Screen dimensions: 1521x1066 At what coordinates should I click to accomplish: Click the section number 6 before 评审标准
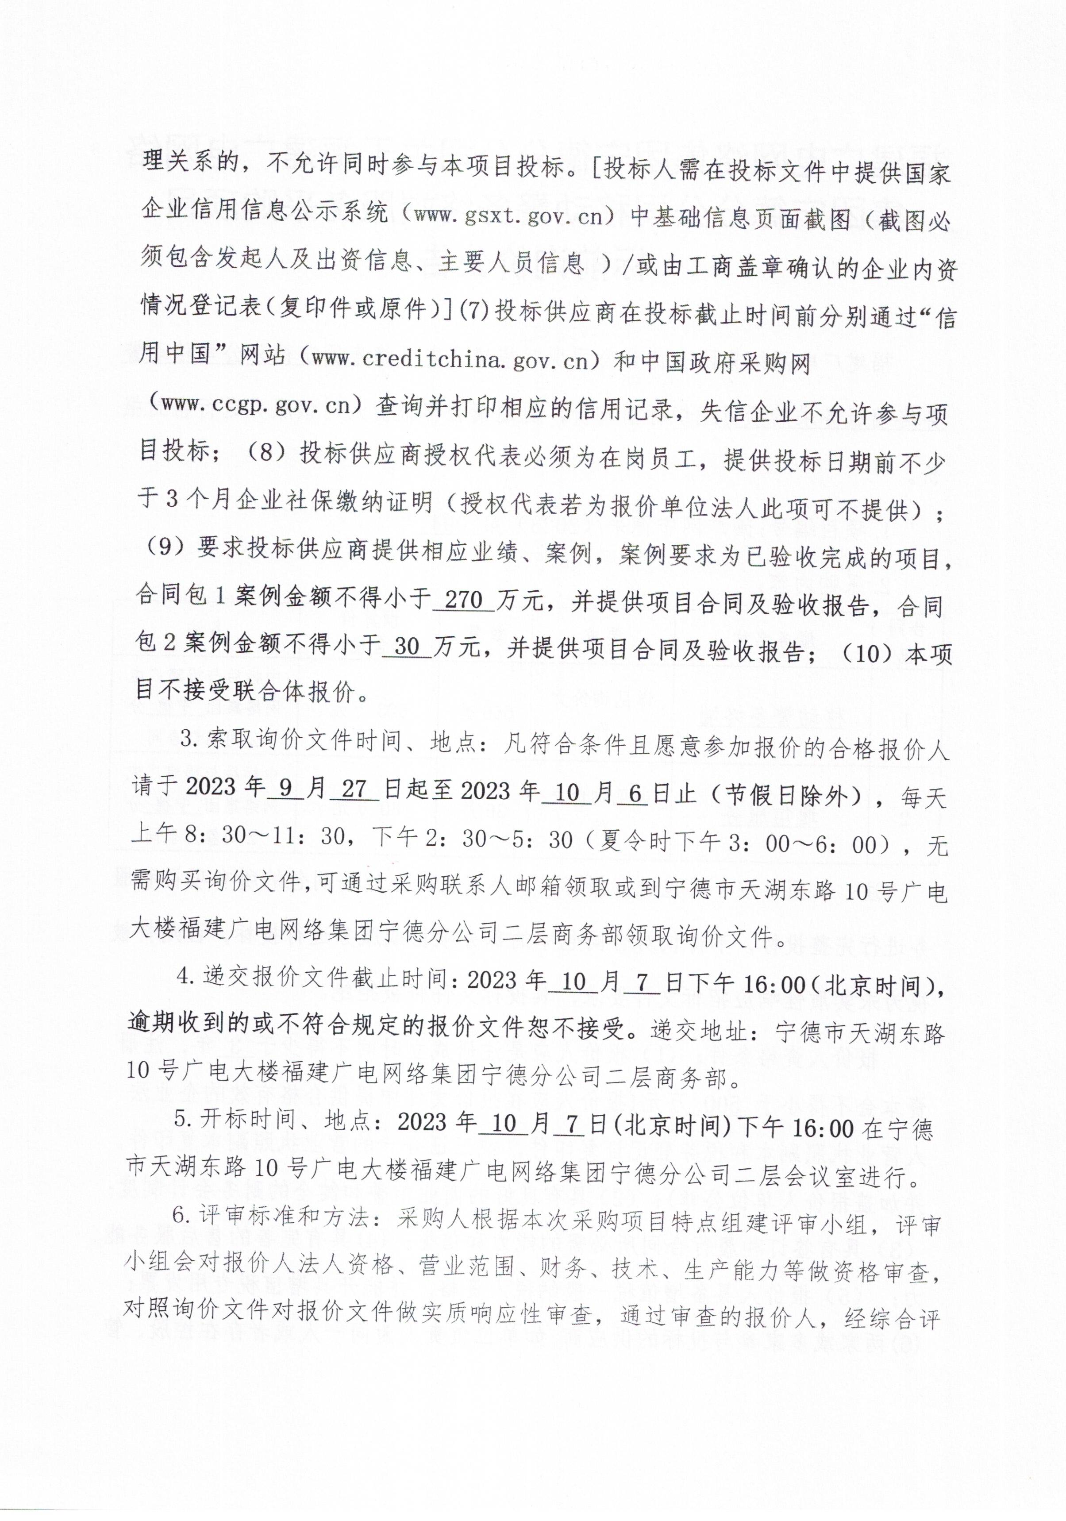pos(179,1216)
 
